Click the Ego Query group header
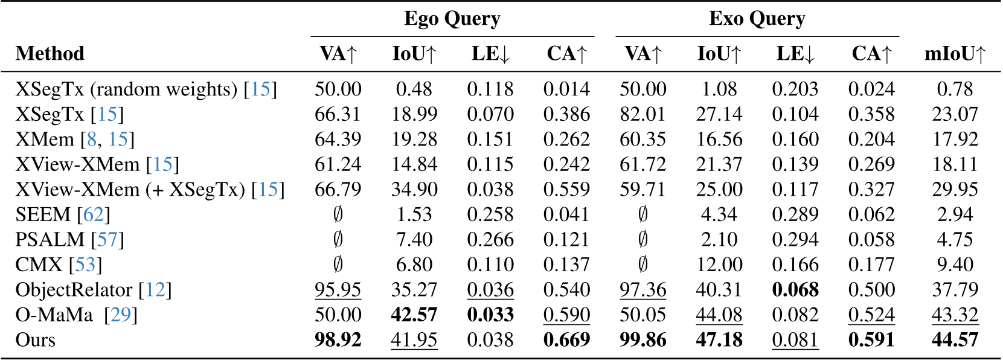click(452, 19)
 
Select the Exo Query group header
click(757, 19)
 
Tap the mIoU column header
click(955, 54)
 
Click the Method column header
click(50, 54)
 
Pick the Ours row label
click(35, 340)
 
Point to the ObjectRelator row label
click(73, 290)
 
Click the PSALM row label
click(50, 240)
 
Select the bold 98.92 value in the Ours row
click(338, 340)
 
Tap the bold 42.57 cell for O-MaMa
click(414, 315)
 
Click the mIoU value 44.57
click(955, 340)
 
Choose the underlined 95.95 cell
click(338, 290)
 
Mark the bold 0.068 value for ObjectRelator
click(795, 290)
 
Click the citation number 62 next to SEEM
click(94, 214)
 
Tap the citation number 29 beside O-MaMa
click(121, 315)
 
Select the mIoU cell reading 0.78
click(955, 89)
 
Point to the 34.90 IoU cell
click(414, 190)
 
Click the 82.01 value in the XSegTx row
click(642, 114)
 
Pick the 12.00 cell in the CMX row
click(719, 265)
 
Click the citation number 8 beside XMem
click(92, 140)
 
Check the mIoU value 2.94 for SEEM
click(955, 214)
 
